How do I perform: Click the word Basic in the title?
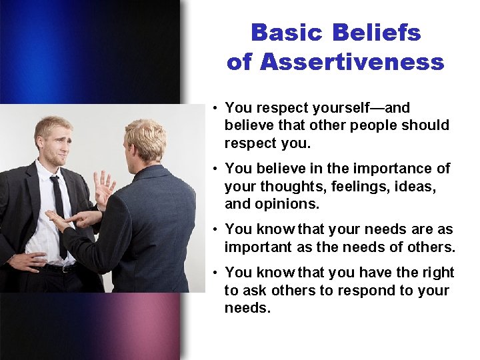(x=287, y=33)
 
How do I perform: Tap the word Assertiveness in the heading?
(x=353, y=62)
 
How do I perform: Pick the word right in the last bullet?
(x=439, y=273)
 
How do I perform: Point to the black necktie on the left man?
(x=59, y=213)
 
